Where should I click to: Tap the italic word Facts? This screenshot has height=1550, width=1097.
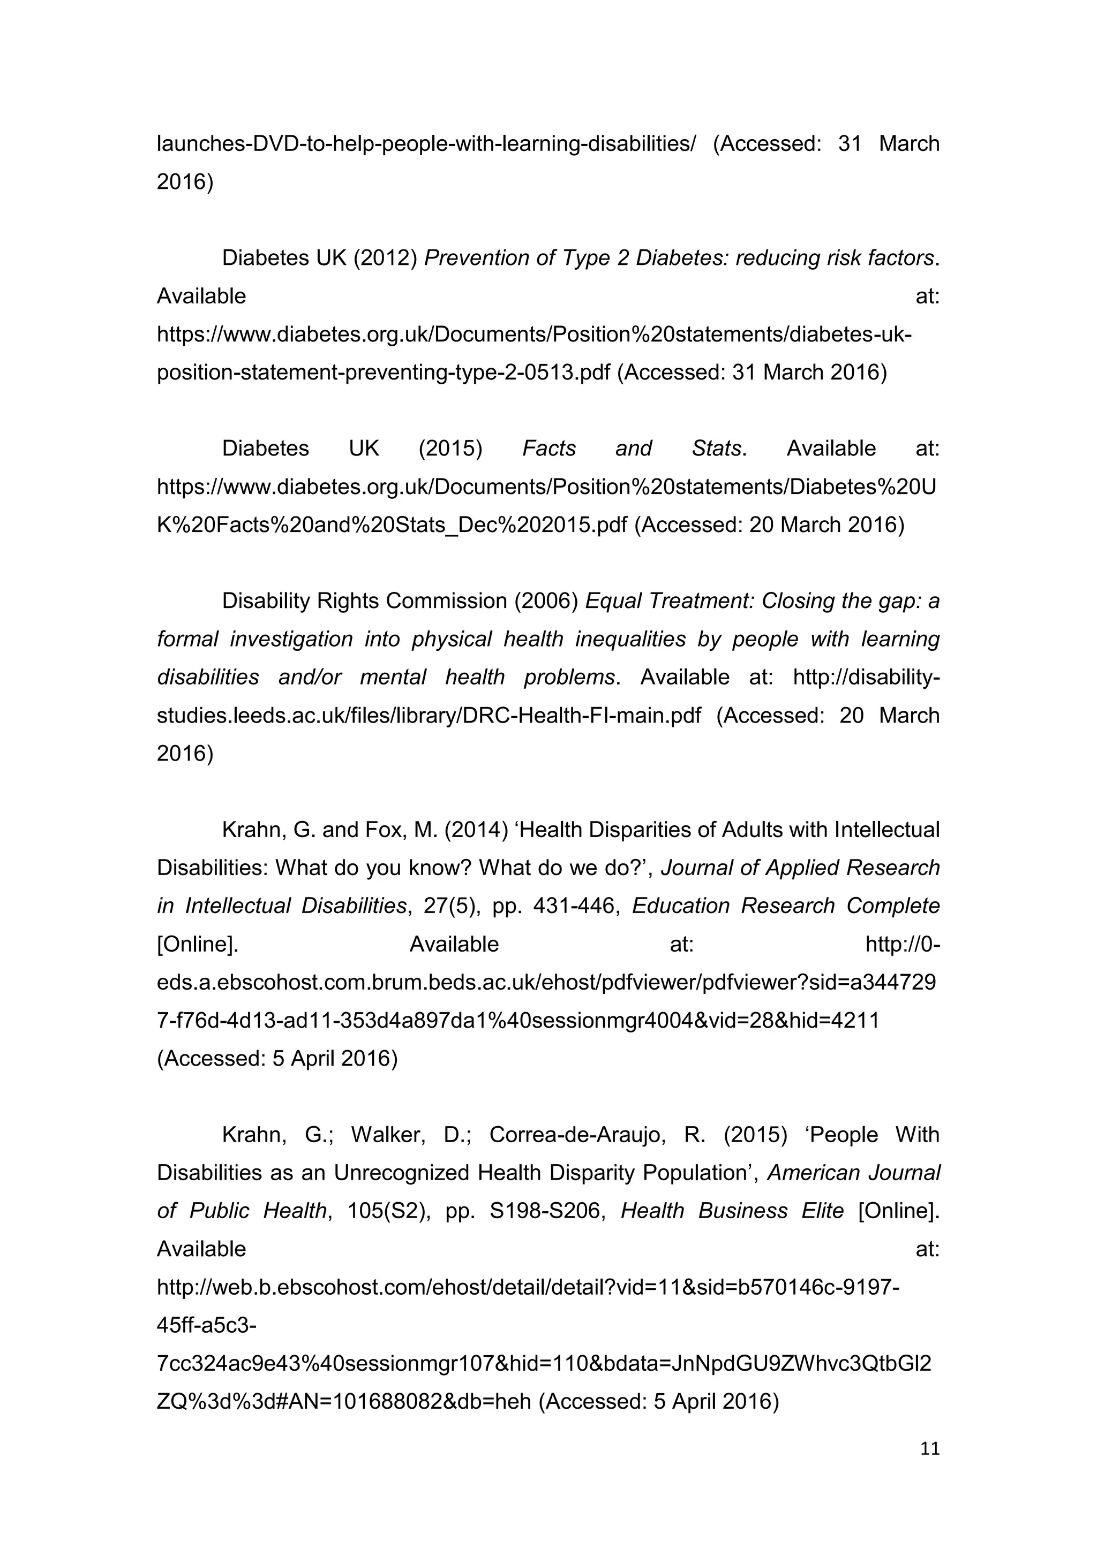coord(548,449)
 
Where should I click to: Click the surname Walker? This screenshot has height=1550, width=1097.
coord(388,1135)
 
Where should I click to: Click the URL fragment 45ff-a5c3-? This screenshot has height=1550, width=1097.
coord(206,1325)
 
